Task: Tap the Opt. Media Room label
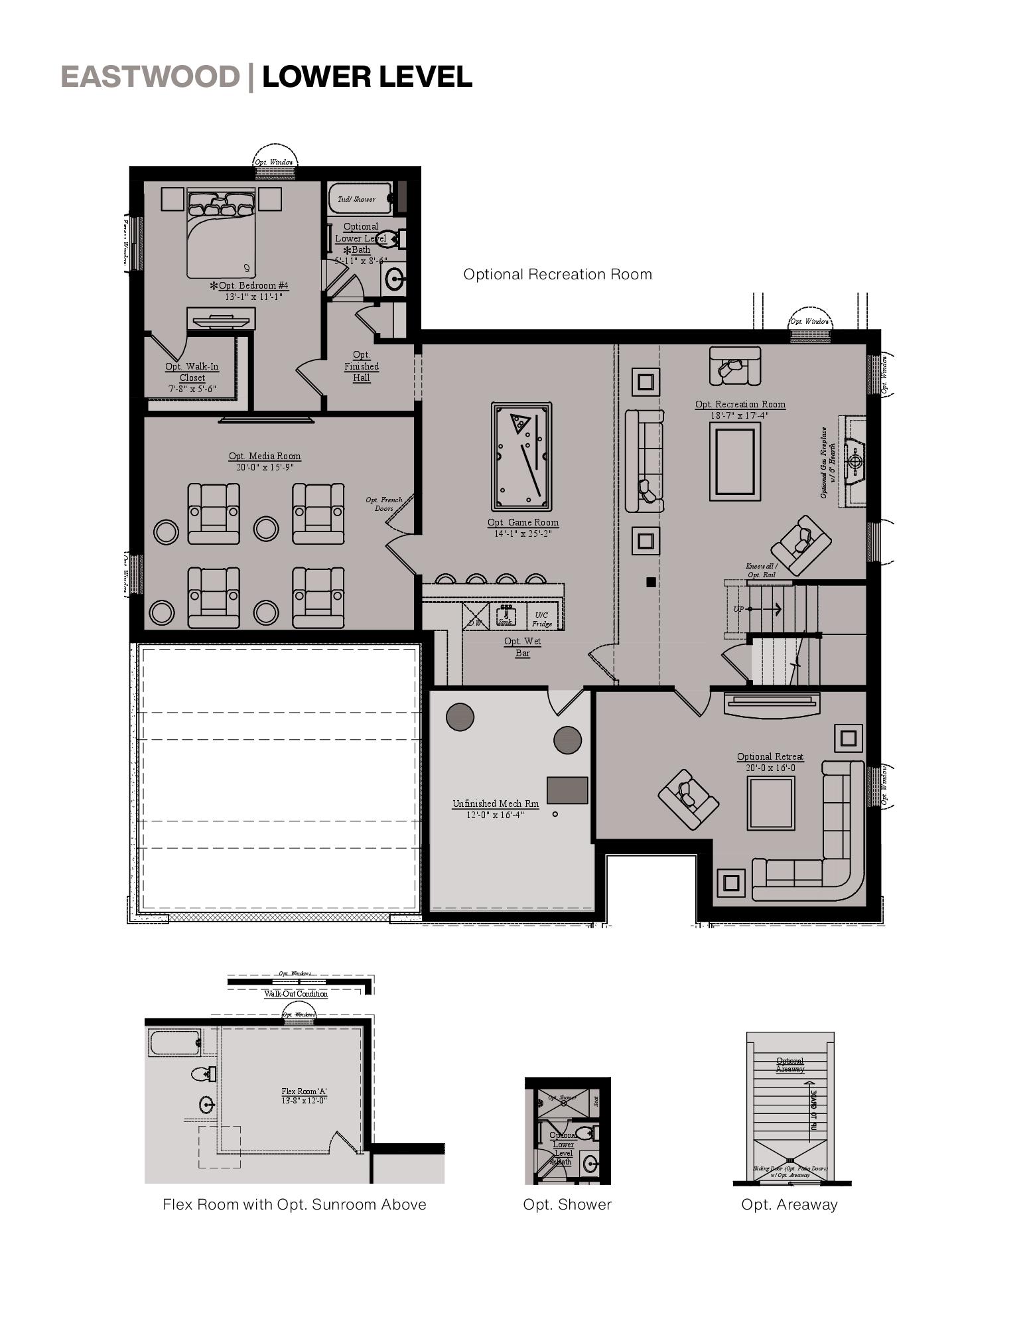point(265,456)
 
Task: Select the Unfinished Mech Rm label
point(495,803)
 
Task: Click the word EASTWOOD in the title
point(150,77)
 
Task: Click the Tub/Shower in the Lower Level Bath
point(357,198)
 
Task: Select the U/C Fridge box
point(542,619)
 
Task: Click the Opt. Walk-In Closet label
point(192,372)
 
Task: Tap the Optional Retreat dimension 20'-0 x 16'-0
point(770,768)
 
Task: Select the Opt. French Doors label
point(384,504)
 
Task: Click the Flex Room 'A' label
point(304,1091)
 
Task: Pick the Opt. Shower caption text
point(567,1204)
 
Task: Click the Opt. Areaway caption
point(789,1204)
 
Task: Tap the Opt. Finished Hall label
point(362,366)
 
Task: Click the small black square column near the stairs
point(651,582)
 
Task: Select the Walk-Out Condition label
point(296,994)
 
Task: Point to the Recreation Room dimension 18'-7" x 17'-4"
point(740,415)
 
